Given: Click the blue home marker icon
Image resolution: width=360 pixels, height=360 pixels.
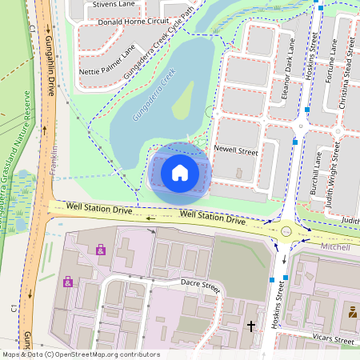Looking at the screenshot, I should (179, 172).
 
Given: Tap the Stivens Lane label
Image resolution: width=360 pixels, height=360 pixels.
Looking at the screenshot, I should (114, 4).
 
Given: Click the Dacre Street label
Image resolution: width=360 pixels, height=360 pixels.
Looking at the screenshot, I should (200, 284).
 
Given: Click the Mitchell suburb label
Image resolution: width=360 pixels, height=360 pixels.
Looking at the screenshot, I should (334, 248).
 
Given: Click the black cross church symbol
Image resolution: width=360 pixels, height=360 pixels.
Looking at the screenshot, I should (250, 326).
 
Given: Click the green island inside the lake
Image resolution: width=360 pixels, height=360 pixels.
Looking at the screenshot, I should (182, 99).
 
